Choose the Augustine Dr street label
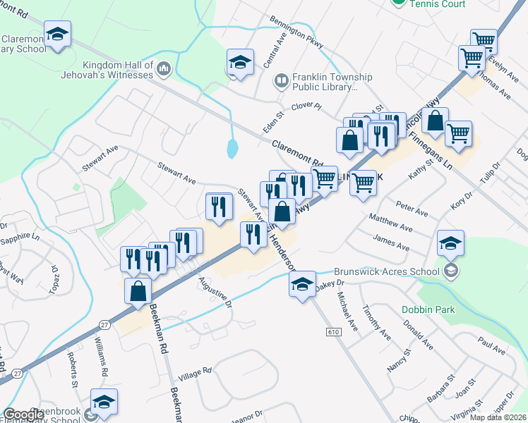tap(216, 295)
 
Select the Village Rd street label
tap(195, 373)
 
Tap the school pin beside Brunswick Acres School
tap(450, 242)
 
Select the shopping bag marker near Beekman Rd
tap(138, 290)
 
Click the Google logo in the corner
tap(23, 415)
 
